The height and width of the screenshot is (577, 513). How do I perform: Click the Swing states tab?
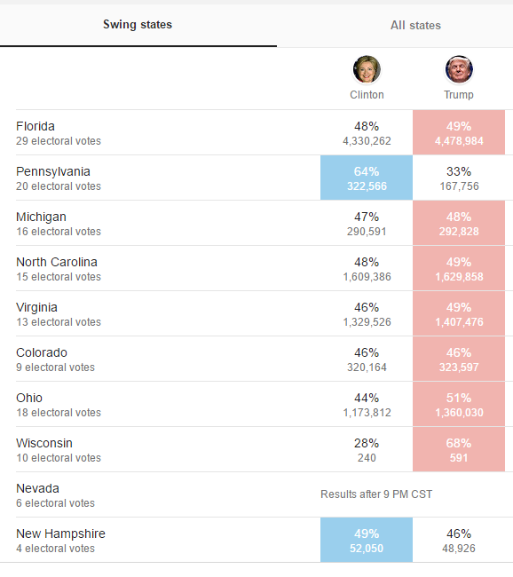point(138,25)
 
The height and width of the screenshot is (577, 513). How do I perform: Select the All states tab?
point(415,26)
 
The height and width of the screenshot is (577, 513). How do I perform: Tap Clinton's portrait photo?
point(367,69)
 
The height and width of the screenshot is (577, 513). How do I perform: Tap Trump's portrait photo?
point(459,69)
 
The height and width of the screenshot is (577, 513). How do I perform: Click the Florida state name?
point(36,126)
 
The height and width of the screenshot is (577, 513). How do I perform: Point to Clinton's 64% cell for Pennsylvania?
point(367,178)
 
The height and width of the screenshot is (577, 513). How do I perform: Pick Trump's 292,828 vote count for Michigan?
point(459,232)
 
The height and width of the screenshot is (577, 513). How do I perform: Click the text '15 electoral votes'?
point(59,277)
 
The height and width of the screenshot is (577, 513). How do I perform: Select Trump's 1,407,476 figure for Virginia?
point(459,322)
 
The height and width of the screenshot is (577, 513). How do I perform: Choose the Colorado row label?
point(42,352)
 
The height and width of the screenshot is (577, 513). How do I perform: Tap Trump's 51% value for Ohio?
point(459,398)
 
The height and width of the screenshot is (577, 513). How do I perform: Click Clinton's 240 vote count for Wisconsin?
point(367,458)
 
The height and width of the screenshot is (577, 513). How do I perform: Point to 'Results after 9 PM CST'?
point(376,494)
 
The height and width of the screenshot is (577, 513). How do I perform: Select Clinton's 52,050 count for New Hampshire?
point(367,549)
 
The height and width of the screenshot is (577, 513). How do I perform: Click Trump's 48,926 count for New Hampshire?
point(459,549)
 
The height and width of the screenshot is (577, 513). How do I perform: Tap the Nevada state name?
point(37,488)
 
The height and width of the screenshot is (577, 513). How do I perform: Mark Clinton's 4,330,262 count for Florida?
point(367,141)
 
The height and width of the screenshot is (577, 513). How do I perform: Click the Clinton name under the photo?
point(367,95)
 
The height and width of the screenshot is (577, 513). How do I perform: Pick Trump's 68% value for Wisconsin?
point(459,443)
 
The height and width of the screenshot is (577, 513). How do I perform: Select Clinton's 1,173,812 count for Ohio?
point(367,413)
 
